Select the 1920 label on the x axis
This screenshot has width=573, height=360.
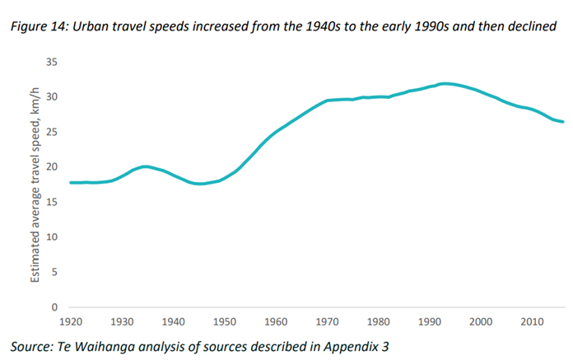72,320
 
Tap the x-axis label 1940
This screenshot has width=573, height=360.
175,320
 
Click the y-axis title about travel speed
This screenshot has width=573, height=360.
36,184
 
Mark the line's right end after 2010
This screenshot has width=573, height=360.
563,122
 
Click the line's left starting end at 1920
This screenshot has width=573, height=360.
71,182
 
